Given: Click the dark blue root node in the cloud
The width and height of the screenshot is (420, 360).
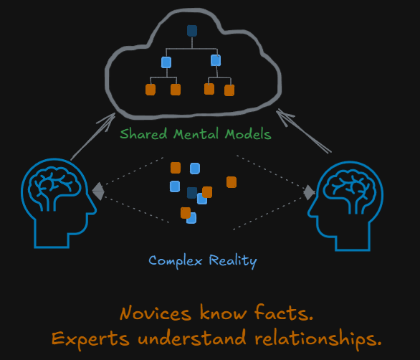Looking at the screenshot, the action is click(192, 31).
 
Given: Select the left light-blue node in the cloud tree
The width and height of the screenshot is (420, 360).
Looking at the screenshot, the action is click(166, 62).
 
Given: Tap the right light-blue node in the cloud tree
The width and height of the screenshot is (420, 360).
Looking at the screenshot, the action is click(216, 60).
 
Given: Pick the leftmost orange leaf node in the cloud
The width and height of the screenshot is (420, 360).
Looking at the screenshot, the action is click(151, 90).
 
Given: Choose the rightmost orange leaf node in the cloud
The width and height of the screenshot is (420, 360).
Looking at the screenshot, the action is click(229, 90).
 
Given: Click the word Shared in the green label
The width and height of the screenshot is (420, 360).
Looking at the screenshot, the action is click(143, 134).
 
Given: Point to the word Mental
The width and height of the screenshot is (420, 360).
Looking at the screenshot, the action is click(196, 134).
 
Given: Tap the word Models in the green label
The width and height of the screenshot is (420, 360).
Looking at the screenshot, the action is click(248, 134).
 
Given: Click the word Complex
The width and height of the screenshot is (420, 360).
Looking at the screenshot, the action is click(176, 261).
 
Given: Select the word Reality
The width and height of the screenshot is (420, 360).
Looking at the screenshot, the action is click(233, 261).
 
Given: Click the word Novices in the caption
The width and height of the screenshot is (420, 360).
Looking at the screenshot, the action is click(156, 313).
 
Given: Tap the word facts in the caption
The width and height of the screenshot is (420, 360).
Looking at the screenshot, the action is click(283, 313).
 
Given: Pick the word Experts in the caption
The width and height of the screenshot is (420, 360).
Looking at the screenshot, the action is click(90, 338).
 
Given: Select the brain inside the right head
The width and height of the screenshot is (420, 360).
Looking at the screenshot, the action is click(350, 189).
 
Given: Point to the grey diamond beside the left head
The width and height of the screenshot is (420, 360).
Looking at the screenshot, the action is click(98, 191).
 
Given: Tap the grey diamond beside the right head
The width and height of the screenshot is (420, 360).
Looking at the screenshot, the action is click(309, 192).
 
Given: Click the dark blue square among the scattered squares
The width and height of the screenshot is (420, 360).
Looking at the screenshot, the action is click(192, 193).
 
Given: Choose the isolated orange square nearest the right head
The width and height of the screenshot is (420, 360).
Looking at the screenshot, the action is click(232, 182).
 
